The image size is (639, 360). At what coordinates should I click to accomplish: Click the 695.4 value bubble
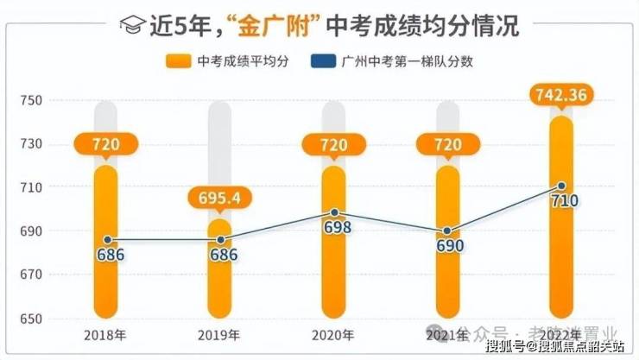tap(219, 199)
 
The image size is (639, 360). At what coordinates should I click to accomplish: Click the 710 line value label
tap(561, 201)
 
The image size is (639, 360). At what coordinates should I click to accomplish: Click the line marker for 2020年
tap(334, 212)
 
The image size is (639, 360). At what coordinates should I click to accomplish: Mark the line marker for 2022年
tap(561, 186)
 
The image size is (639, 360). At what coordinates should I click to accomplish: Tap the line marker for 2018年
tap(106, 239)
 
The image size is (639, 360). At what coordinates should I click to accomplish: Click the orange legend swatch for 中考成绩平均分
tap(178, 61)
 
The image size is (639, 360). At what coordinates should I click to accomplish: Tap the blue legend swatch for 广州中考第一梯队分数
tap(325, 61)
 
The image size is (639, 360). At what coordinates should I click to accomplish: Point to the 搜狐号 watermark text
tap(503, 347)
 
